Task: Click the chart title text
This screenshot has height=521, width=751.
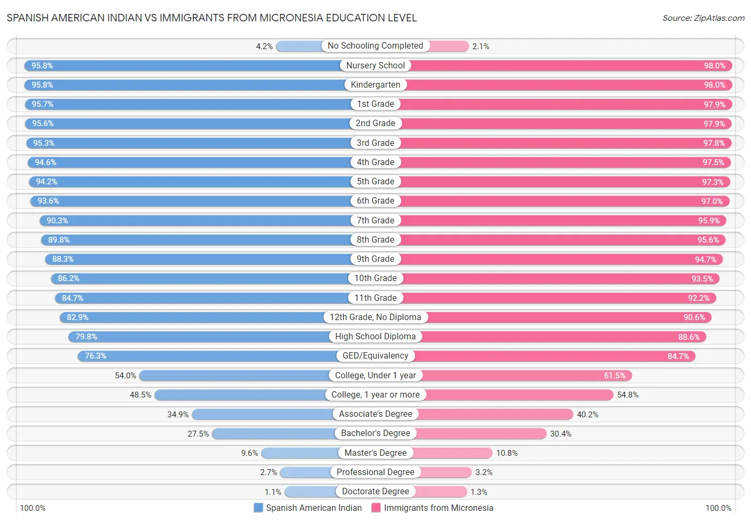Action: pyautogui.click(x=212, y=18)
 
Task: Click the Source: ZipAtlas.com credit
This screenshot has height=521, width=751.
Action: pyautogui.click(x=703, y=18)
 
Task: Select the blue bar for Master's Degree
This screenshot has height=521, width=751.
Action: pyautogui.click(x=300, y=453)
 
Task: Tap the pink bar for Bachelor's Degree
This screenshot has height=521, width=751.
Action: pyautogui.click(x=481, y=433)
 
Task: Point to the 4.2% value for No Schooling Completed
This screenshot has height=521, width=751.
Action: pyautogui.click(x=264, y=46)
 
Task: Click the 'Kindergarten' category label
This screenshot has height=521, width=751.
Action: pyautogui.click(x=375, y=85)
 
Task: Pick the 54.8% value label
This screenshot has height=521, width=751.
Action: pyautogui.click(x=628, y=395)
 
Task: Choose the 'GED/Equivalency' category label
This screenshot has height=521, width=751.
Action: pyautogui.click(x=375, y=356)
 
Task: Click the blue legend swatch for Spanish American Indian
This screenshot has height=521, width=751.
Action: pyautogui.click(x=259, y=508)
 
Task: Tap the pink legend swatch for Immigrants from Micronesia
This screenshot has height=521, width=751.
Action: pyautogui.click(x=376, y=508)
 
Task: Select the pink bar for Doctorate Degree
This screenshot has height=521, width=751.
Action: pyautogui.click(x=441, y=492)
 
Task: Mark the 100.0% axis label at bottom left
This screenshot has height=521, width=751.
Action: pyautogui.click(x=33, y=508)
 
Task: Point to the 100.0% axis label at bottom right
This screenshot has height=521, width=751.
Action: pyautogui.click(x=718, y=508)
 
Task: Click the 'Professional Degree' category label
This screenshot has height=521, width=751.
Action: pyautogui.click(x=375, y=472)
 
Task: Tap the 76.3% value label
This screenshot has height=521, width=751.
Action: pyautogui.click(x=96, y=356)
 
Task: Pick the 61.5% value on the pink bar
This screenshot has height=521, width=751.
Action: pyautogui.click(x=614, y=376)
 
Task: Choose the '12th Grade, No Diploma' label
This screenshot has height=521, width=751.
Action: pyautogui.click(x=375, y=317)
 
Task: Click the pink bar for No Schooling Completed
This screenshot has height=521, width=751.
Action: pyautogui.click(x=449, y=46)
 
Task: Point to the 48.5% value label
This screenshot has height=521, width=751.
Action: pyautogui.click(x=140, y=395)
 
